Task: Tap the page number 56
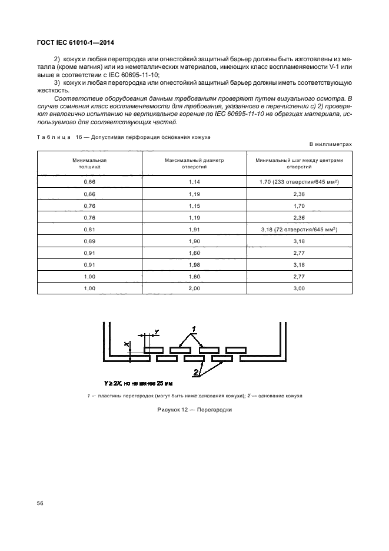(x=41, y=503)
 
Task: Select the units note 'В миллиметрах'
(x=330, y=144)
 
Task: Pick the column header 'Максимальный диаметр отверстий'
(x=194, y=163)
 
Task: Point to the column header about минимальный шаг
(x=299, y=163)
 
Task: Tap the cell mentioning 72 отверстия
(x=299, y=229)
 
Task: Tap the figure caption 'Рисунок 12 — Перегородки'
(x=194, y=410)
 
